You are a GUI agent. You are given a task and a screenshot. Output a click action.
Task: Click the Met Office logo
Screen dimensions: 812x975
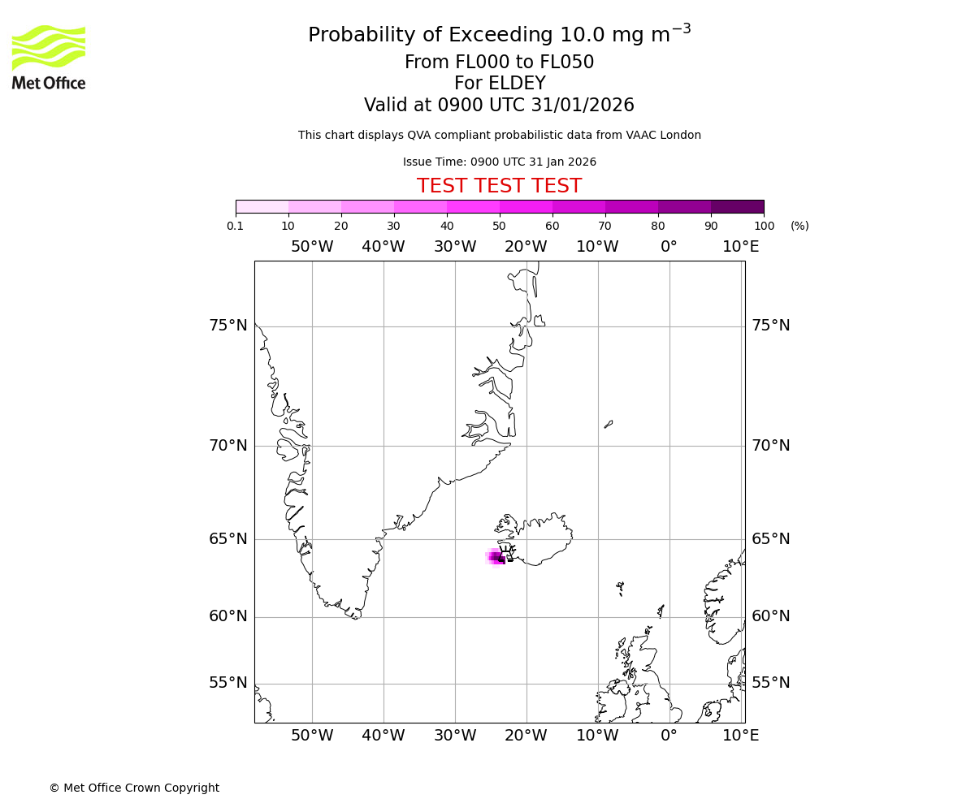pyautogui.click(x=49, y=57)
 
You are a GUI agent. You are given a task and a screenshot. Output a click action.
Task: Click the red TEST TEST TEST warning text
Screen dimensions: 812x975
pyautogui.click(x=499, y=186)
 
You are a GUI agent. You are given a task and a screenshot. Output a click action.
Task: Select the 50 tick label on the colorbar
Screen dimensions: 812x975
pyautogui.click(x=499, y=226)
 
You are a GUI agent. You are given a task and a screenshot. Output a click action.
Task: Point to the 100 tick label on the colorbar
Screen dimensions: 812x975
pyautogui.click(x=763, y=226)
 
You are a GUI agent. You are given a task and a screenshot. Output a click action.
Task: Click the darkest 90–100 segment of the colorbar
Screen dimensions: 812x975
pyautogui.click(x=737, y=206)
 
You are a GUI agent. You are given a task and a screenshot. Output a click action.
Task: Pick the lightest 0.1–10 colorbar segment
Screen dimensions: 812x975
pyautogui.click(x=262, y=206)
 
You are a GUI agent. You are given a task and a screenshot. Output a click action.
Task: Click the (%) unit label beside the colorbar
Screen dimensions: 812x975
pyautogui.click(x=799, y=226)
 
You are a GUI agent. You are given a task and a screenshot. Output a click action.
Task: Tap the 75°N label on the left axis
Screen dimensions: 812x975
pyautogui.click(x=227, y=326)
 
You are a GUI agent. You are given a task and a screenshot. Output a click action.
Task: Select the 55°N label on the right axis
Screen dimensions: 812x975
pyautogui.click(x=770, y=683)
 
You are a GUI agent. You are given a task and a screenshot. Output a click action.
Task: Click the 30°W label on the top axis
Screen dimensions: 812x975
pyautogui.click(x=454, y=247)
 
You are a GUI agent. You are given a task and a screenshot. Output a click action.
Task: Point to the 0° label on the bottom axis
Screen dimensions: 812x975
pyautogui.click(x=669, y=736)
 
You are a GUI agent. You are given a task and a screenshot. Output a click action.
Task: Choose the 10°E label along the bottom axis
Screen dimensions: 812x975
pyautogui.click(x=740, y=736)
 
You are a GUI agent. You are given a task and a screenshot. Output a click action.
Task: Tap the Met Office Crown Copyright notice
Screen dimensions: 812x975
pyautogui.click(x=134, y=788)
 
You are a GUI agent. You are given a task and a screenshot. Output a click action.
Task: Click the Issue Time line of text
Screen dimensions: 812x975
pyautogui.click(x=499, y=162)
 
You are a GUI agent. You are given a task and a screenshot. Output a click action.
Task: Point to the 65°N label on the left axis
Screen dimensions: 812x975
pyautogui.click(x=227, y=539)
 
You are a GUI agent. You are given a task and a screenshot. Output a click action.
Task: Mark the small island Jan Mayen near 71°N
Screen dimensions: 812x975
pyautogui.click(x=609, y=424)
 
